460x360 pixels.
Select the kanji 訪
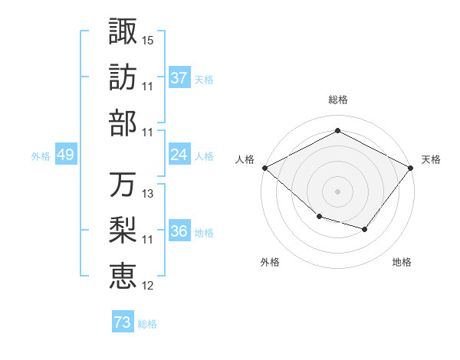123,77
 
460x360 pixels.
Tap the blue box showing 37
179,78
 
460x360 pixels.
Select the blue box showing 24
179,155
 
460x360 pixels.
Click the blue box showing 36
179,232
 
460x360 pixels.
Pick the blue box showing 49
66,155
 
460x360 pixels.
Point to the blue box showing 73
123,323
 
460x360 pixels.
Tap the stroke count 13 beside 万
148,195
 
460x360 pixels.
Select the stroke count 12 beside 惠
148,286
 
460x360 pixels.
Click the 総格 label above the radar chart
337,100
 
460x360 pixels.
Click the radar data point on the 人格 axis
264,168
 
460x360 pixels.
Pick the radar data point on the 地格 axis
365,229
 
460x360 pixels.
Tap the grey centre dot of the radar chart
337,191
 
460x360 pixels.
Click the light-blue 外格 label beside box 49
41,156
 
